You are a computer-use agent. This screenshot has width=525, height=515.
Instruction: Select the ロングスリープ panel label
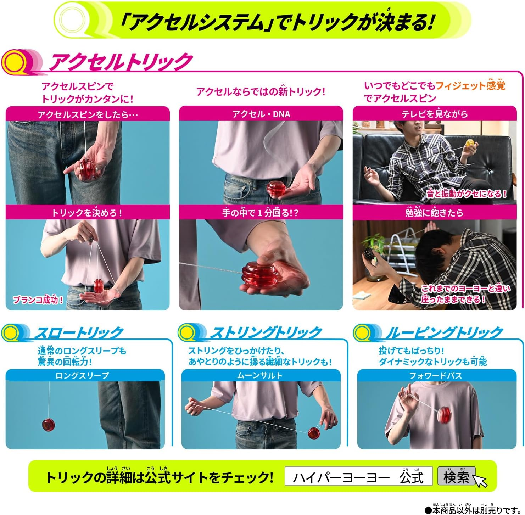point(82,375)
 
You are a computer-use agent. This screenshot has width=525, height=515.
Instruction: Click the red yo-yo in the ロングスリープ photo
point(48,425)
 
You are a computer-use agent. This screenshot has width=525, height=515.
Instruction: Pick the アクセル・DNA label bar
point(261,114)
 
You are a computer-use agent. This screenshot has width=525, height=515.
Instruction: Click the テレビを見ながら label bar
point(435,114)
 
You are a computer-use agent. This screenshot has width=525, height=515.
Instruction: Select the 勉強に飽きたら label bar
point(435,213)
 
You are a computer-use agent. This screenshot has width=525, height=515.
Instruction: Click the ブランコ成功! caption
point(38,300)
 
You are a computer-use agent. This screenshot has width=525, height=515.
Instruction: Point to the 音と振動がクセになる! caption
point(467,194)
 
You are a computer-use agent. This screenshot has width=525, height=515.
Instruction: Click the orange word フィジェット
point(455,86)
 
